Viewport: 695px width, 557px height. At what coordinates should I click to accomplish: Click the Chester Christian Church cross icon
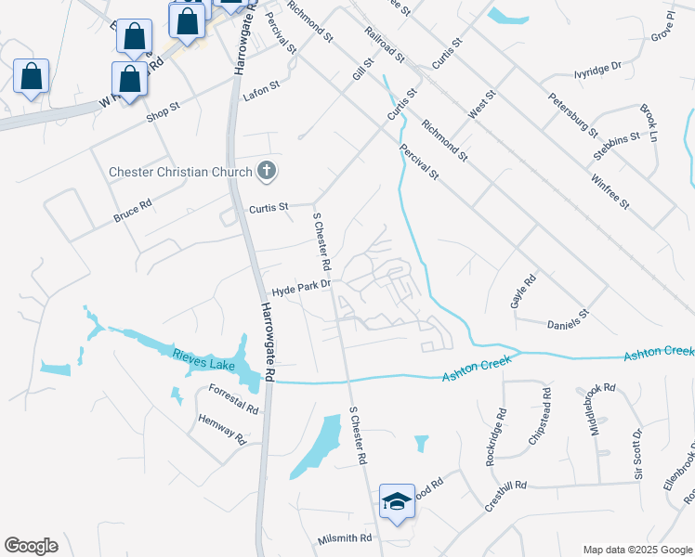[x=267, y=171]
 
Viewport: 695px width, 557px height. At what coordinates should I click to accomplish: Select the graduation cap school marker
[x=397, y=502]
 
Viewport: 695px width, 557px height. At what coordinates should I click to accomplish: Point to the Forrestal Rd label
[x=233, y=399]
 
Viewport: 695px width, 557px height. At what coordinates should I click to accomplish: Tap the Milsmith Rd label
[x=344, y=538]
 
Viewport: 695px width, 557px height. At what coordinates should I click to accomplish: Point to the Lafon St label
[x=261, y=89]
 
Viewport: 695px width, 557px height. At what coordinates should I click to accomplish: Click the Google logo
[x=32, y=547]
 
